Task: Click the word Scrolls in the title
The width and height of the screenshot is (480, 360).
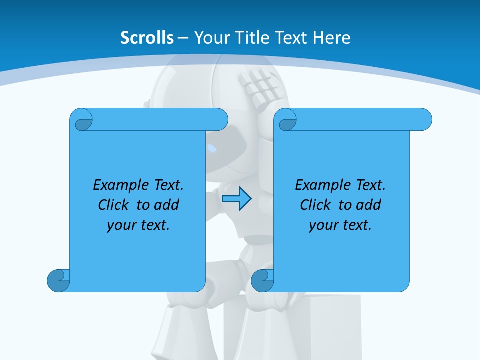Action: tap(147, 37)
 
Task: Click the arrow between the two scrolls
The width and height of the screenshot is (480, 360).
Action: tap(236, 199)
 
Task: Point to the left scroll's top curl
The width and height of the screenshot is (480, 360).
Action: tap(82, 120)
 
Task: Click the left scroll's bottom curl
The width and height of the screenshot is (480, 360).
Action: tap(58, 280)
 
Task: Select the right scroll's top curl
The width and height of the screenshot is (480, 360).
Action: tap(287, 120)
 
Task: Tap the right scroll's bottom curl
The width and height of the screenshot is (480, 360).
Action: tap(262, 280)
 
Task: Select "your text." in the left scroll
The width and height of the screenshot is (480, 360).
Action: tap(138, 225)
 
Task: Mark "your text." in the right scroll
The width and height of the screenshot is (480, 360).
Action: tap(340, 225)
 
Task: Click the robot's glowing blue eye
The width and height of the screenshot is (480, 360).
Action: tap(213, 148)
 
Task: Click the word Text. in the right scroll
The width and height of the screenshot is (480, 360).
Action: tap(370, 185)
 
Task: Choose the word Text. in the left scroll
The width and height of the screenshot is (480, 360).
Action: tap(168, 185)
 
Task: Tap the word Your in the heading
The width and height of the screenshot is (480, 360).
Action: tap(210, 37)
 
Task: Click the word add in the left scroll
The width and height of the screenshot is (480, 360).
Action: tap(167, 205)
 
